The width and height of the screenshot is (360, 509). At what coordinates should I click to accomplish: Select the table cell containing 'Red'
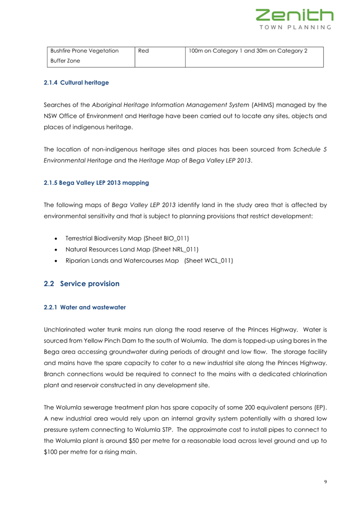pyautogui.click(x=145, y=51)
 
